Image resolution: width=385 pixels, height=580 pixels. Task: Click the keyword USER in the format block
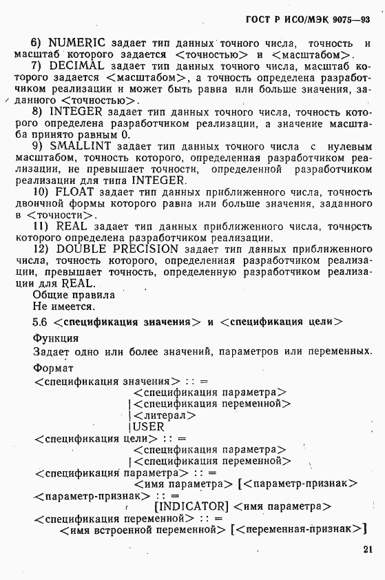pyautogui.click(x=149, y=427)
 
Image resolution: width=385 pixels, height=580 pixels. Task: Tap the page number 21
pyautogui.click(x=366, y=550)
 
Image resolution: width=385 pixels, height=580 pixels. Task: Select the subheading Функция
pyautogui.click(x=55, y=338)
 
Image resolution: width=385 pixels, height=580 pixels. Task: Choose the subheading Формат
pyautogui.click(x=53, y=369)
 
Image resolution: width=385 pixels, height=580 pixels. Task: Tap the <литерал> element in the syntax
pyautogui.click(x=165, y=415)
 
